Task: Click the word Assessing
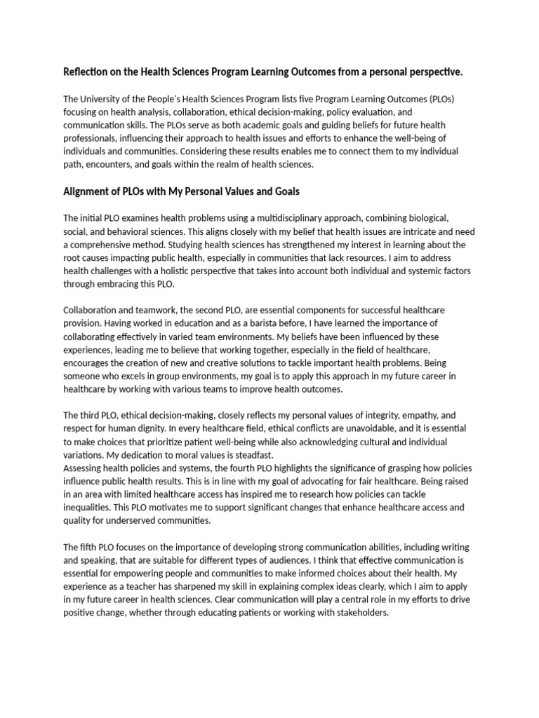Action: click(86, 467)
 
